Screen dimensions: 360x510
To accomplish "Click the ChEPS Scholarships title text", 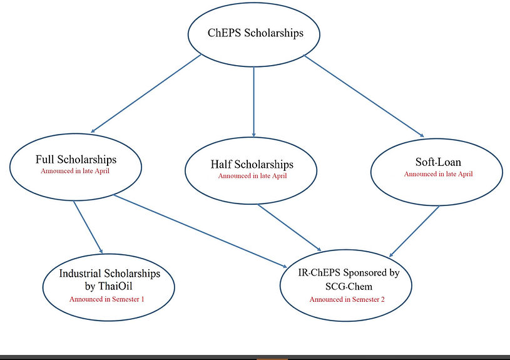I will click(255, 33).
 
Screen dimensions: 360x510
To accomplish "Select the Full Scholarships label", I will click(76, 159).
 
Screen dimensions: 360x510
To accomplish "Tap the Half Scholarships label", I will click(252, 165).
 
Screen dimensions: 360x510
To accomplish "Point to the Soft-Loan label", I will click(438, 162).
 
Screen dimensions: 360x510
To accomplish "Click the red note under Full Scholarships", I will click(75, 170).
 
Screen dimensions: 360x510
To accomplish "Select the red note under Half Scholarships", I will click(252, 176).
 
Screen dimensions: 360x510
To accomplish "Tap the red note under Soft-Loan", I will click(438, 173).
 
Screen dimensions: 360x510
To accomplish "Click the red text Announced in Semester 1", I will click(107, 299).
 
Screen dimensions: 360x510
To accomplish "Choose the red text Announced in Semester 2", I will click(347, 299).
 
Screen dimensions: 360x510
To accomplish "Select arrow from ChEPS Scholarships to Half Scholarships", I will click(253, 100).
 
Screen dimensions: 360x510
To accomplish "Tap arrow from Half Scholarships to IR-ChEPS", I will click(290, 229).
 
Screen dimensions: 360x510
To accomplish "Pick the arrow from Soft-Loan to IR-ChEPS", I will click(416, 232).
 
